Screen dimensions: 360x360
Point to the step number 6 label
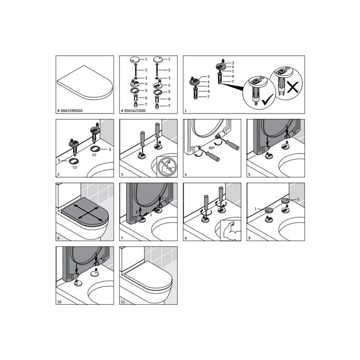59,239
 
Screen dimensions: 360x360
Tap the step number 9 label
250,239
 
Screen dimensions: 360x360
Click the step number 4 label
187,175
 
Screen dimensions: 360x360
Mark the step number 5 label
250,175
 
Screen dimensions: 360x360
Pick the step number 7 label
123,239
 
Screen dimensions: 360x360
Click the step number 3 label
123,175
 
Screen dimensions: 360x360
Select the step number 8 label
187,239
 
